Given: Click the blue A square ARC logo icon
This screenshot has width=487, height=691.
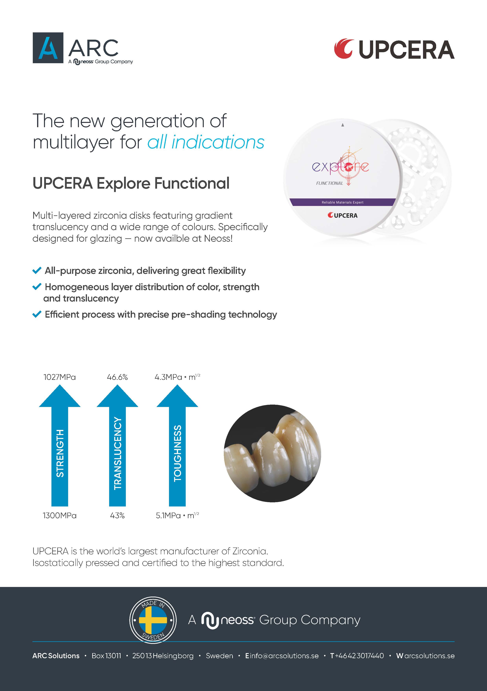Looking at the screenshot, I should [48, 48].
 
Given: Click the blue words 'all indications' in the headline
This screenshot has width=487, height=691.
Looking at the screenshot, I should [206, 142].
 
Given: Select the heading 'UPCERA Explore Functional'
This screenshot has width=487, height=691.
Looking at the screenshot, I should [131, 183].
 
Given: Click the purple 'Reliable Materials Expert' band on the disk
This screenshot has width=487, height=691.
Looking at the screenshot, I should [343, 202].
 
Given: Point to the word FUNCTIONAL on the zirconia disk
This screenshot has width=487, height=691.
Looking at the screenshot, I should [329, 183].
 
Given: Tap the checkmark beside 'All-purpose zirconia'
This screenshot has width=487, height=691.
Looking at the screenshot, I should [37, 271].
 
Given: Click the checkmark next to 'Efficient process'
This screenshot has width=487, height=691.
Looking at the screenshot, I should [37, 314].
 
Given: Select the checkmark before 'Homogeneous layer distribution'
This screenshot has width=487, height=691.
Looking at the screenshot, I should [37, 287].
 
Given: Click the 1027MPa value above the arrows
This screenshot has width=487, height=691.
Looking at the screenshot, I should [60, 377].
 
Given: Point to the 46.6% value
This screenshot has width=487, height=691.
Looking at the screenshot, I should [117, 377].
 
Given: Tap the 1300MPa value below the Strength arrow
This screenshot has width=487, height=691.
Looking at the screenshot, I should [60, 516].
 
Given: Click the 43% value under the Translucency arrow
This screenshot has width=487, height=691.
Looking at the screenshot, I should [117, 516].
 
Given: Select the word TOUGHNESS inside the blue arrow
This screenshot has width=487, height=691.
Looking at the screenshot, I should [178, 453].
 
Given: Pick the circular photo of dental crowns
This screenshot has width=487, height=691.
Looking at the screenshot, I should [272, 453].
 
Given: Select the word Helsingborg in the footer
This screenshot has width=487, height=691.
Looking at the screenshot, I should [173, 656].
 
